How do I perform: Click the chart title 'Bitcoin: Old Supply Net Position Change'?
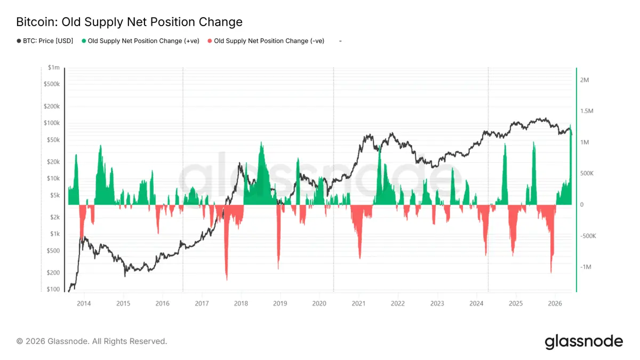129,22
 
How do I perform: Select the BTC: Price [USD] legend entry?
45,41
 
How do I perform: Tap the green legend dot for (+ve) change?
84,41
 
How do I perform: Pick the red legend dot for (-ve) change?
210,41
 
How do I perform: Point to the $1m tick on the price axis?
54,67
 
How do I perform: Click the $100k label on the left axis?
52,123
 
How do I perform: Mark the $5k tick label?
55,195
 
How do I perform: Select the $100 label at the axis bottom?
53,289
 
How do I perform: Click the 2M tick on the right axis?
585,80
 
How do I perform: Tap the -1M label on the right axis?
586,267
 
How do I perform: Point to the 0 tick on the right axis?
582,205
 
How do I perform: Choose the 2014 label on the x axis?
84,303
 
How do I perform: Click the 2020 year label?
319,303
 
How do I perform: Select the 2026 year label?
555,303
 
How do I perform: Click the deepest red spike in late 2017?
227,279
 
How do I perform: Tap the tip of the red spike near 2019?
278,269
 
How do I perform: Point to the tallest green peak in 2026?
570,125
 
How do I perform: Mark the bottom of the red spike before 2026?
551,273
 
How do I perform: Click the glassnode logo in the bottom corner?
583,342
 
